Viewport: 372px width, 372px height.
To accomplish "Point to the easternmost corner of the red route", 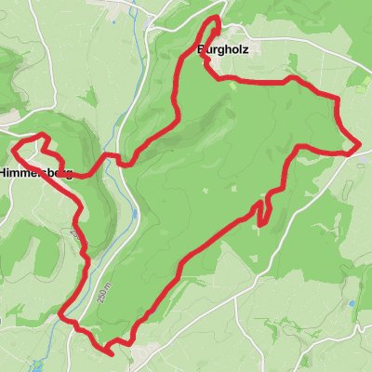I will (359, 145).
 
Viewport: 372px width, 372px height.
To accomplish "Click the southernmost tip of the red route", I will (111, 353).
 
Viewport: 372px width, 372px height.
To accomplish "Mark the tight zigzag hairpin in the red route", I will (264, 206).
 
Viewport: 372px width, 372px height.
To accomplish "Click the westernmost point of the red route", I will (12, 148).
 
